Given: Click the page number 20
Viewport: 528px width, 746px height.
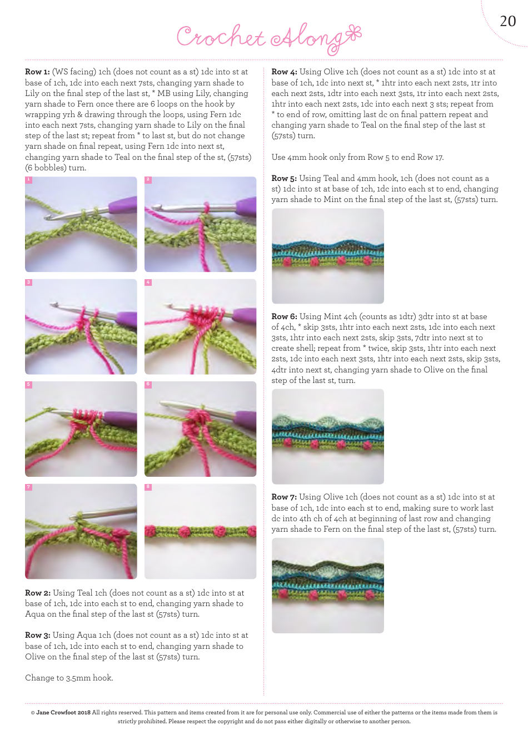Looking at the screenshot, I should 507,21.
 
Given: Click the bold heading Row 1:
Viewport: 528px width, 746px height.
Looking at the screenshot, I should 37,72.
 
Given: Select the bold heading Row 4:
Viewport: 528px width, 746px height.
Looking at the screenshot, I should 284,72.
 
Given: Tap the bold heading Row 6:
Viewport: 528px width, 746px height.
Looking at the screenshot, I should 284,316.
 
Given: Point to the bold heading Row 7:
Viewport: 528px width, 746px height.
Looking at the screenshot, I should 284,497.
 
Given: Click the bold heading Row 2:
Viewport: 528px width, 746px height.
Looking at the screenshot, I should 38,593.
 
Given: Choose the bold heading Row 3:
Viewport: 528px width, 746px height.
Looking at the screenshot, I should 38,635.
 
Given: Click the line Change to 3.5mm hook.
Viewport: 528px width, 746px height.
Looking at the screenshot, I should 69,678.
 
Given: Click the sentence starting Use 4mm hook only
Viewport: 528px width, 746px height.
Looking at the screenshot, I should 357,157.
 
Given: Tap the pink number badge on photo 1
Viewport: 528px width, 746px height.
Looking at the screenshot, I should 28,180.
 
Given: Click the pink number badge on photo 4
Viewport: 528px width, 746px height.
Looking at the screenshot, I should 148,283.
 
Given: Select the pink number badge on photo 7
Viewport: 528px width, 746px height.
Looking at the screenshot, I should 28,487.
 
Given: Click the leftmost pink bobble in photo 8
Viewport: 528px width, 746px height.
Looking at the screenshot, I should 151,531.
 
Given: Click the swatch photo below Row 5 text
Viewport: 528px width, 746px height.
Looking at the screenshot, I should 327,256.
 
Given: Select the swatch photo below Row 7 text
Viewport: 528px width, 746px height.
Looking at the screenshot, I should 327,585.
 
